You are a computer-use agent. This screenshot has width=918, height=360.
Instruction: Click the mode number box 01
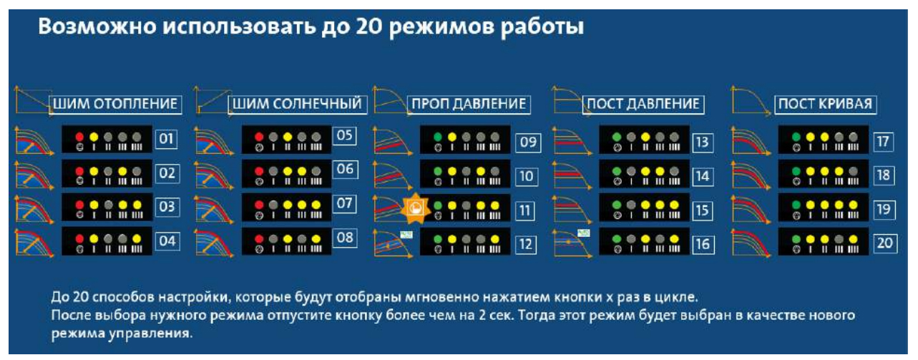tap(167, 138)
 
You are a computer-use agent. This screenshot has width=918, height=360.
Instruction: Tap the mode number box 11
tap(526, 210)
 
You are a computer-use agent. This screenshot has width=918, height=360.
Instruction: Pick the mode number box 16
tap(703, 244)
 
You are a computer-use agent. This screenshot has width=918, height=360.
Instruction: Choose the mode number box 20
tap(885, 243)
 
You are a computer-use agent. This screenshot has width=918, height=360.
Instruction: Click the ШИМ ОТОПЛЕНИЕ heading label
tap(115, 104)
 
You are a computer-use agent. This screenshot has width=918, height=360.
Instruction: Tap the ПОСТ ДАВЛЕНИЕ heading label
tap(643, 104)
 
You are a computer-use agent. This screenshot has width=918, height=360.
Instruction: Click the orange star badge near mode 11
tap(414, 208)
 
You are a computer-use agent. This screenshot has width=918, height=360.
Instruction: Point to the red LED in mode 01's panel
tap(79, 136)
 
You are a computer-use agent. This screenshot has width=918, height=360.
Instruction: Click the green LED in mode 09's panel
tap(436, 136)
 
